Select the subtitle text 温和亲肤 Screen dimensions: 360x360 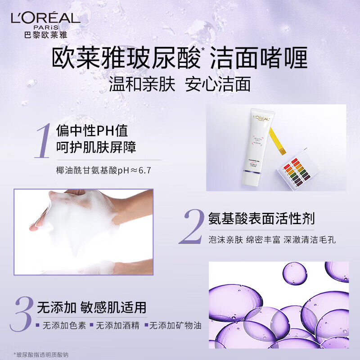coord(142,85)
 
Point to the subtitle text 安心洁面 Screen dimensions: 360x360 coord(218,85)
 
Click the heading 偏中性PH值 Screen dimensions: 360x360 coord(92,131)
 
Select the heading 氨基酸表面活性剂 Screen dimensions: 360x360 coord(261,219)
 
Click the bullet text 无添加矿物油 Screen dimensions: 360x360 coord(175,325)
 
